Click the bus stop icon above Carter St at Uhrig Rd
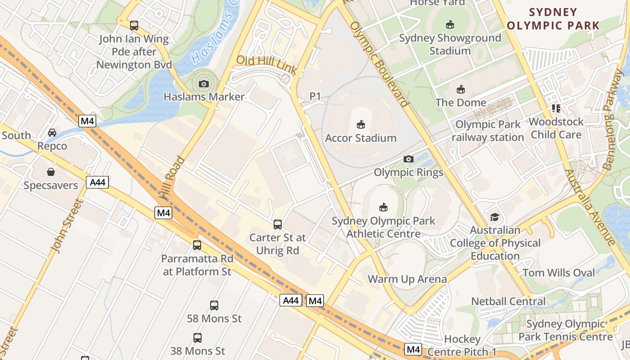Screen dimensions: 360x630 [278, 224]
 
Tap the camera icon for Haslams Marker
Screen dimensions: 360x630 [204, 84]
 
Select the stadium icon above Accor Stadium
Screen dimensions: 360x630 [361, 124]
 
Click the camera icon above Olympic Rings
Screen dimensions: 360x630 [409, 159]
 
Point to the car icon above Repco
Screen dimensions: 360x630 [52, 132]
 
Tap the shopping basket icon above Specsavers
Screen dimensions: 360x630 [51, 172]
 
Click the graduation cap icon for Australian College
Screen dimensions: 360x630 [495, 217]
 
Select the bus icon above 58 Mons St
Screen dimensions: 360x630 [214, 305]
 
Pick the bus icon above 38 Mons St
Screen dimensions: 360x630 [197, 337]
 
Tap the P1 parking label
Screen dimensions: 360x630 [315, 96]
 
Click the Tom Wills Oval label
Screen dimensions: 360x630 [558, 273]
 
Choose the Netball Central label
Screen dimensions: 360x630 [508, 301]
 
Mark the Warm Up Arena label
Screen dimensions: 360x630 [407, 279]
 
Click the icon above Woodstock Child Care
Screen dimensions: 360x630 [556, 108]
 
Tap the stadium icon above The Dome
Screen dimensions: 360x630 [460, 89]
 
